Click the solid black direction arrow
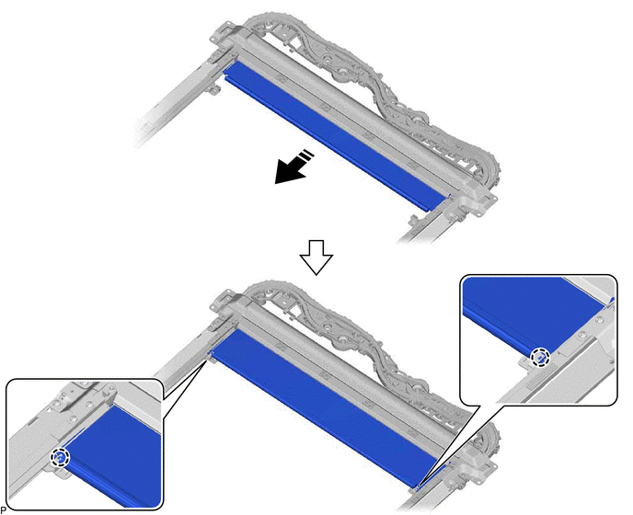point(292,168)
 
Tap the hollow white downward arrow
point(316,257)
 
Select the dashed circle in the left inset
point(60,458)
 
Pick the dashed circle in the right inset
point(540,357)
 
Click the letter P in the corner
point(4,509)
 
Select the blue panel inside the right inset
point(533,311)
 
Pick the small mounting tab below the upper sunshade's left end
point(213,88)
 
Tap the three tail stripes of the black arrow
point(306,155)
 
